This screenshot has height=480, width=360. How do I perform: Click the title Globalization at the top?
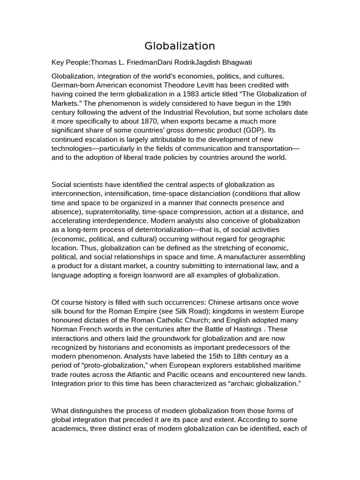(x=180, y=46)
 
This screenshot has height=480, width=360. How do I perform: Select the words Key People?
(x=70, y=62)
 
